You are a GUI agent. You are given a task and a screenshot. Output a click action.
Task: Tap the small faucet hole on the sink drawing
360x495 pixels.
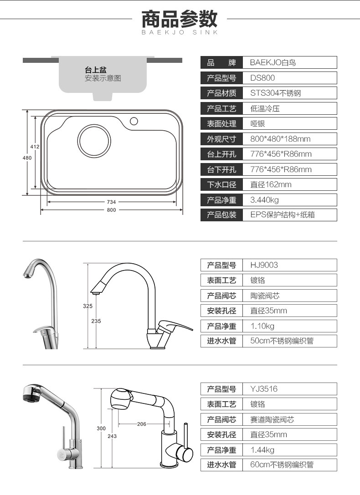pyautogui.click(x=134, y=121)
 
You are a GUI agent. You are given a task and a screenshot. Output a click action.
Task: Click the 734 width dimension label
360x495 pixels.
pyautogui.click(x=112, y=202)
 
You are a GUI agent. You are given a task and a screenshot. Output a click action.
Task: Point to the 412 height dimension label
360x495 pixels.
pyautogui.click(x=35, y=147)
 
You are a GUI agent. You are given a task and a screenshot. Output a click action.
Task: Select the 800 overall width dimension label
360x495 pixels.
pyautogui.click(x=112, y=210)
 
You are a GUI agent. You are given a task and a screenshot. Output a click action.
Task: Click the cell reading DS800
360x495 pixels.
pyautogui.click(x=262, y=78)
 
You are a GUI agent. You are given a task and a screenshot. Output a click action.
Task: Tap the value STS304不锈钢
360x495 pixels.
pyautogui.click(x=276, y=93)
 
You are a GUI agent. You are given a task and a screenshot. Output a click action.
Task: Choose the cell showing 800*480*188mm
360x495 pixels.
pyautogui.click(x=280, y=139)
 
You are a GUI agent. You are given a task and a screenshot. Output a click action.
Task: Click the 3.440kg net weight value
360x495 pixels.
pyautogui.click(x=265, y=200)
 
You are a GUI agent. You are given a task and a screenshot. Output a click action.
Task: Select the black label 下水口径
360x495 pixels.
pyautogui.click(x=222, y=184)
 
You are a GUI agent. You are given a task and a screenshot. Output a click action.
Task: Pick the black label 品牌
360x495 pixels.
pyautogui.click(x=222, y=62)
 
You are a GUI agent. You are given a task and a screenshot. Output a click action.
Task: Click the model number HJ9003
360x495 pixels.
pyautogui.click(x=264, y=265)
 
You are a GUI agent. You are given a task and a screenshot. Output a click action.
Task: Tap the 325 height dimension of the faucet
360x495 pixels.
pyautogui.click(x=87, y=306)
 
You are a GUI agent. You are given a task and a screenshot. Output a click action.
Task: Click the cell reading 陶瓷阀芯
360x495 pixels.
pyautogui.click(x=265, y=296)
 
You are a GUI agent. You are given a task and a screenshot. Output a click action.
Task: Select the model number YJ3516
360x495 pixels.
pyautogui.click(x=264, y=389)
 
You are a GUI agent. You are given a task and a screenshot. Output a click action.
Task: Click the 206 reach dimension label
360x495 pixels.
pyautogui.click(x=142, y=424)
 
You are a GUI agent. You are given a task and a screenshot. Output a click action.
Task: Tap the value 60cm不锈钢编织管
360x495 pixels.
pyautogui.click(x=282, y=465)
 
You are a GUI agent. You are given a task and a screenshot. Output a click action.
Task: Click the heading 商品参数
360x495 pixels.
pyautogui.click(x=180, y=19)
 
